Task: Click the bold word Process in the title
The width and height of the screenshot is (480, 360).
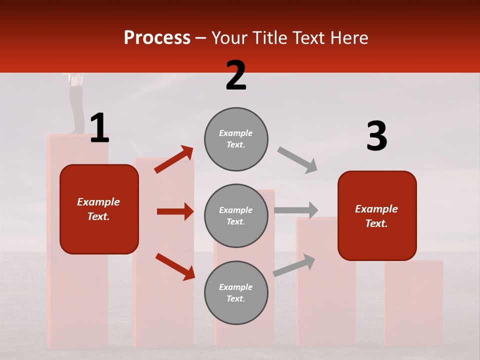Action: click(x=157, y=38)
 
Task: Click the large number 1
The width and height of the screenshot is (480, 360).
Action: click(x=99, y=128)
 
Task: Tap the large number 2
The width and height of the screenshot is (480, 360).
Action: click(x=236, y=75)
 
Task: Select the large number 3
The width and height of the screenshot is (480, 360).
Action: click(x=376, y=136)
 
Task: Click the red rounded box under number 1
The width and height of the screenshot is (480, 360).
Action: click(x=99, y=209)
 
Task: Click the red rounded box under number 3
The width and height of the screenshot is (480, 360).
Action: click(x=377, y=215)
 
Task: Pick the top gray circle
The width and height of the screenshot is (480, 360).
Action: click(x=236, y=139)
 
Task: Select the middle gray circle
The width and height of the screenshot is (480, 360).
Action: click(x=236, y=215)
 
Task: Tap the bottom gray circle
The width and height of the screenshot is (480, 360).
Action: click(x=236, y=292)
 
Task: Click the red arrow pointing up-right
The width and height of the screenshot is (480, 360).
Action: click(x=174, y=159)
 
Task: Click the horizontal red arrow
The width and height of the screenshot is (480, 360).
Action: click(x=175, y=211)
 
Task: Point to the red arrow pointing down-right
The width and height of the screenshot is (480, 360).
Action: click(x=175, y=266)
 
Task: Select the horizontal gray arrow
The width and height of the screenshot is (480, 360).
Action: click(x=296, y=210)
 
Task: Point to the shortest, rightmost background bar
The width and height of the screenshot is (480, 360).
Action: click(x=413, y=302)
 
